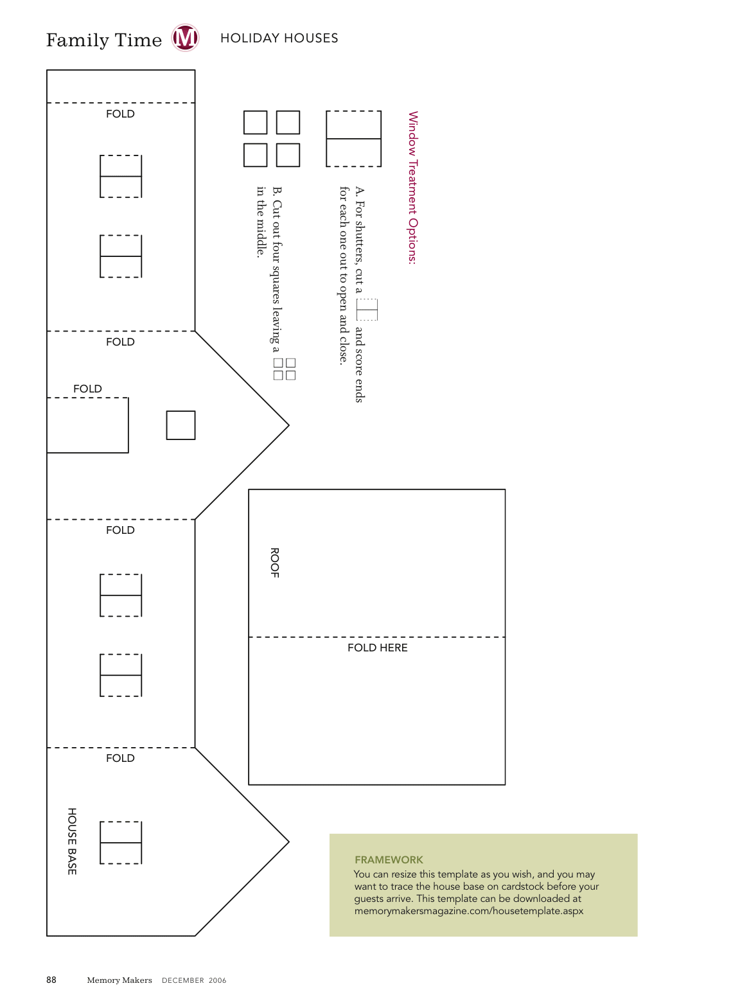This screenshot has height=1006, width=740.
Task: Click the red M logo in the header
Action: click(x=185, y=38)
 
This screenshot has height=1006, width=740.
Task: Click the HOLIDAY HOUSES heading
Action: click(x=279, y=38)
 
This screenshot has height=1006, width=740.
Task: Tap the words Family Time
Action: click(x=103, y=40)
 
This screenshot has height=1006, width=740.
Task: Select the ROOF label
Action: click(x=274, y=562)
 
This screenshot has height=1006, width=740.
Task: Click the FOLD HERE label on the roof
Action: click(x=377, y=648)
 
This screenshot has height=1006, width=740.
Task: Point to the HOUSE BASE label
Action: click(x=72, y=841)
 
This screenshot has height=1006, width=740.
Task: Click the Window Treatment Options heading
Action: click(x=412, y=188)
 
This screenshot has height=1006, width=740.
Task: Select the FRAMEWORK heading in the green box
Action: click(x=389, y=860)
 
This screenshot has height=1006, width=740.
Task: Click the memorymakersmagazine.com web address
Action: click(x=469, y=911)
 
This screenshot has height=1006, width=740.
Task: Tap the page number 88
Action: click(x=51, y=980)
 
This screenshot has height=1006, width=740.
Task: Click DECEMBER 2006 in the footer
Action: click(x=194, y=980)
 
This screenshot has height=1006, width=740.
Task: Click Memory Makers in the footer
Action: click(x=119, y=980)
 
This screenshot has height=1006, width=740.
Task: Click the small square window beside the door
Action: click(x=181, y=425)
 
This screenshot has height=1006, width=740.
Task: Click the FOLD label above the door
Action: click(x=87, y=389)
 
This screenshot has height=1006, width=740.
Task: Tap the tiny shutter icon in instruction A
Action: click(x=367, y=310)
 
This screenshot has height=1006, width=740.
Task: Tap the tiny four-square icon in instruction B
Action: click(x=285, y=369)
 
